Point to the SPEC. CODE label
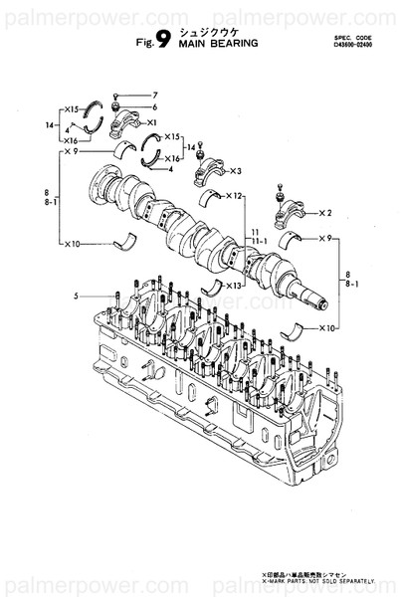point(353,36)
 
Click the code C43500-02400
point(353,44)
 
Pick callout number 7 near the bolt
point(154,96)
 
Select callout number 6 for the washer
point(154,106)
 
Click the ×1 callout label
point(152,122)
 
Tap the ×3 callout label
point(237,170)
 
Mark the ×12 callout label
point(235,196)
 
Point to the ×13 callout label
point(234,287)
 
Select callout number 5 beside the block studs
point(75,296)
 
